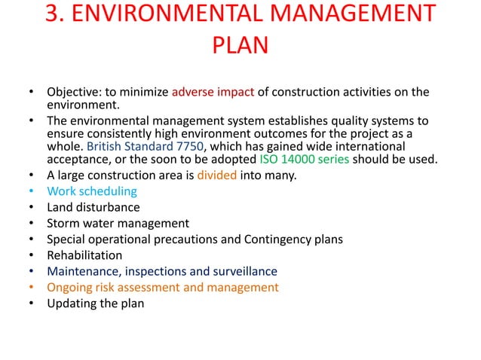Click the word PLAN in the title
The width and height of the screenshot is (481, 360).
pos(240,47)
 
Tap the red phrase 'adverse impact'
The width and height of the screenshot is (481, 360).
pos(213,93)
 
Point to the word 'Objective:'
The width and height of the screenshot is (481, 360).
pos(77,93)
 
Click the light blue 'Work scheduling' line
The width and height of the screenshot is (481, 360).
pos(92,191)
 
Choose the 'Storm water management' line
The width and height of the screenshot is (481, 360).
pos(118,223)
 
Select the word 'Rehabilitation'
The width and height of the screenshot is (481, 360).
pos(84,255)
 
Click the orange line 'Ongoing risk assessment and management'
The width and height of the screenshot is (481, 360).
pos(163,287)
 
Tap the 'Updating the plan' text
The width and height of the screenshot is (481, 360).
pos(95,304)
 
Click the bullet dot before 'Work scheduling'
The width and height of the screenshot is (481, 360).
pos(31,191)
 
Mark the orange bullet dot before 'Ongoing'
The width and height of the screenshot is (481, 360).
pos(31,287)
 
